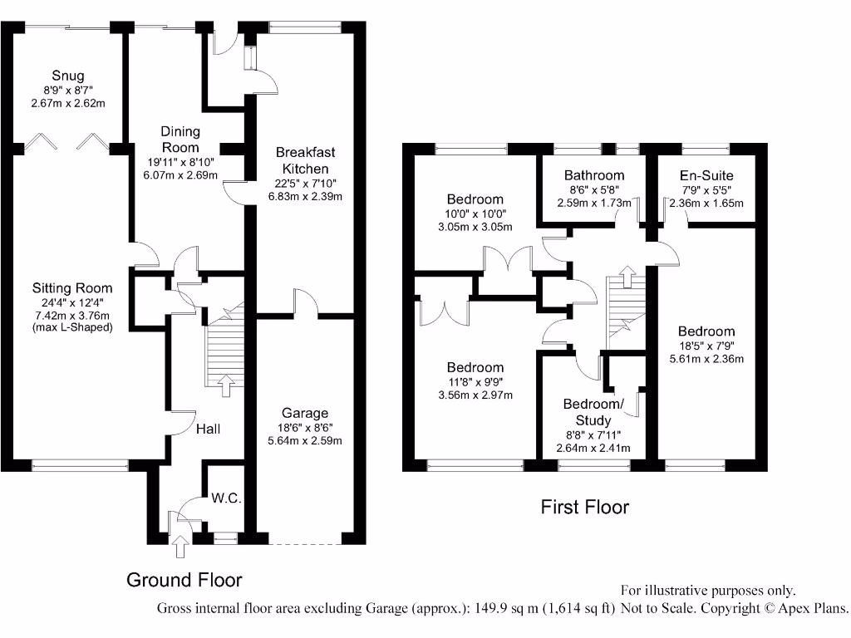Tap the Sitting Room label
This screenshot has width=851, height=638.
[71, 288]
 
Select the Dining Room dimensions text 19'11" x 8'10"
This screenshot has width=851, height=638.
[180, 162]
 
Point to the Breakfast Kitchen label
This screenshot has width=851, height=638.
[305, 160]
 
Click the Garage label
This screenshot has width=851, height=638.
[305, 413]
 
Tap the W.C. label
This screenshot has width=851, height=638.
[225, 498]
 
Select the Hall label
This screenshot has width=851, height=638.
[209, 429]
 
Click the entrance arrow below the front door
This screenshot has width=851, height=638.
[180, 547]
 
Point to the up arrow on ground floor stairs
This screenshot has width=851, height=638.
[222, 383]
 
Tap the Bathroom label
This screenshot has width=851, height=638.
[593, 175]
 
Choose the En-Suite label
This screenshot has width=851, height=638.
[706, 175]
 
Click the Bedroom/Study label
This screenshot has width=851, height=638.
[593, 412]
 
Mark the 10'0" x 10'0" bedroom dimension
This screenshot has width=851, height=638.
[475, 213]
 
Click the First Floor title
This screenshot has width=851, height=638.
[585, 507]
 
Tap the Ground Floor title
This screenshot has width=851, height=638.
[184, 579]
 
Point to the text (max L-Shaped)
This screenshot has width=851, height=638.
[71, 327]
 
